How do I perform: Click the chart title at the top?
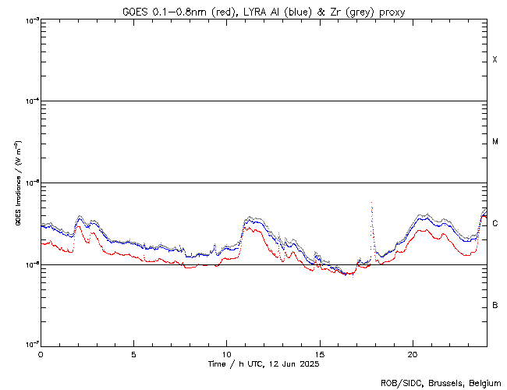tap(263, 11)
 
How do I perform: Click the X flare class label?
tap(495, 60)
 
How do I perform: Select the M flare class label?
tap(495, 142)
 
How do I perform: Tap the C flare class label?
tap(495, 224)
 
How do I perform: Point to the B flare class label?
tap(495, 305)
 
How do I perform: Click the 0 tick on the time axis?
tap(41, 353)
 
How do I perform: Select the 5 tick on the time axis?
tap(133, 353)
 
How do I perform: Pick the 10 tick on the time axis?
tap(226, 353)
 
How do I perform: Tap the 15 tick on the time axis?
tap(319, 353)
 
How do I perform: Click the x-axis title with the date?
tap(263, 364)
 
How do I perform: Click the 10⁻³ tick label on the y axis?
tap(30, 19)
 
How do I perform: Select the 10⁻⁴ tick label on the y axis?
tap(30, 101)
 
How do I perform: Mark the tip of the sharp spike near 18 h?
tap(371, 203)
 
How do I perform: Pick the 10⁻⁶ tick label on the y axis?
tap(30, 264)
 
